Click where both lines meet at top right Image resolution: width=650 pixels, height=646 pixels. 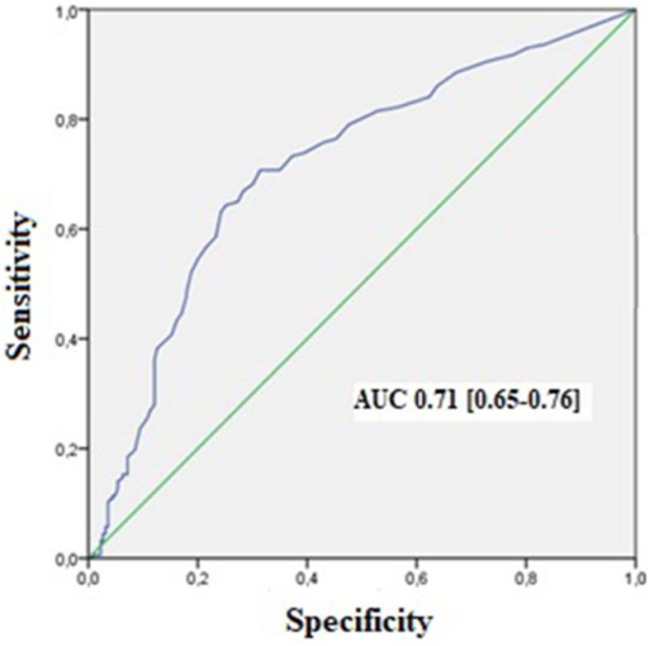[x=634, y=11]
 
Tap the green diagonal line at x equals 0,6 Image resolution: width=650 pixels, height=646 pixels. [x=416, y=230]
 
